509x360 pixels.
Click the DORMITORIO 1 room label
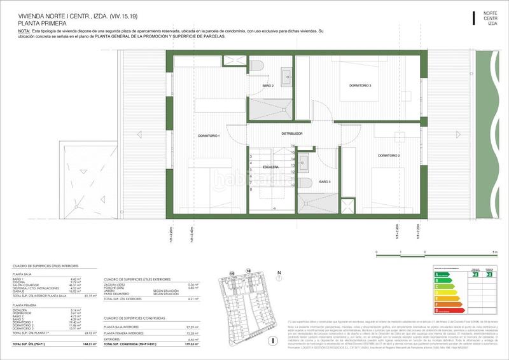[210, 136]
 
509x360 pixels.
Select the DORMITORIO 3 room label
[359, 85]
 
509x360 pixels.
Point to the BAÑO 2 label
[268, 85]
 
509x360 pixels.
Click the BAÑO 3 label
[324, 182]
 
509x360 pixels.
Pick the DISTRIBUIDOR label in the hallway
[292, 134]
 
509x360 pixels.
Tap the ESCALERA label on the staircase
[272, 167]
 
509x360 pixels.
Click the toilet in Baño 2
[255, 67]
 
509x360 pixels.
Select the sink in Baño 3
[303, 160]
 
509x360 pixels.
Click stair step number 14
[292, 146]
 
